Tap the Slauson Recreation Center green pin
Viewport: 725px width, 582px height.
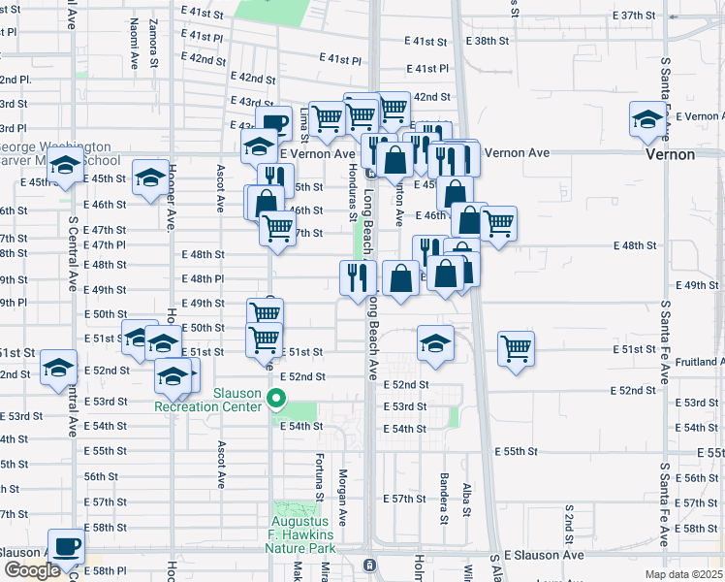(276, 397)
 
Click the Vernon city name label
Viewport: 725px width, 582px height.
(671, 154)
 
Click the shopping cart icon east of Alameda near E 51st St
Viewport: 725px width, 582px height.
(516, 348)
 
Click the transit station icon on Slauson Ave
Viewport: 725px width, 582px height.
(368, 564)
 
